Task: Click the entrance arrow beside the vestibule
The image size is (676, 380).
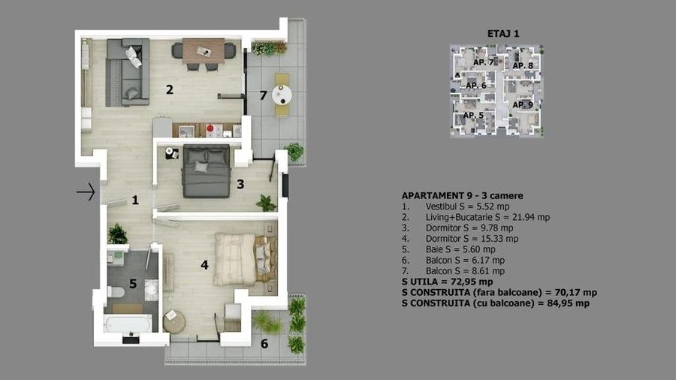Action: click(85, 193)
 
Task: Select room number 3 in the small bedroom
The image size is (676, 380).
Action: click(240, 183)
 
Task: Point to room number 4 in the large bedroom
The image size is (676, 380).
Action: click(204, 264)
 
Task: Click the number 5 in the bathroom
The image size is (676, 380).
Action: click(133, 284)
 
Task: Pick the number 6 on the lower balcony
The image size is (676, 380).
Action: click(264, 345)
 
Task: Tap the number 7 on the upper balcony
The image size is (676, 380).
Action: click(262, 95)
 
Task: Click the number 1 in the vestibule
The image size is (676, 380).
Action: click(135, 200)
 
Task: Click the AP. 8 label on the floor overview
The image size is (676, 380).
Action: click(523, 66)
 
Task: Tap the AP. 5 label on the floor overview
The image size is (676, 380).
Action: click(473, 116)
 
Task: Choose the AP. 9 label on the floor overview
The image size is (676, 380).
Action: click(523, 104)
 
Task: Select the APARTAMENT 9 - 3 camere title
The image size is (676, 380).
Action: click(462, 195)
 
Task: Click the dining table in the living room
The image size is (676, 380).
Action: click(204, 50)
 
